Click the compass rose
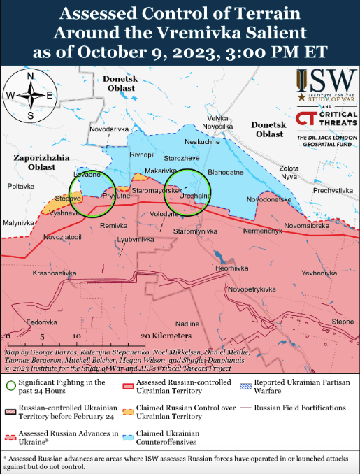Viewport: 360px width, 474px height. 30,95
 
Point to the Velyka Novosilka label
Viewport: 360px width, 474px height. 218,122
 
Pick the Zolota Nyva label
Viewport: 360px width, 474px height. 289,173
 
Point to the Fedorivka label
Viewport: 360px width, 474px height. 43,322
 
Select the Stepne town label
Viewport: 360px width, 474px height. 343,321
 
